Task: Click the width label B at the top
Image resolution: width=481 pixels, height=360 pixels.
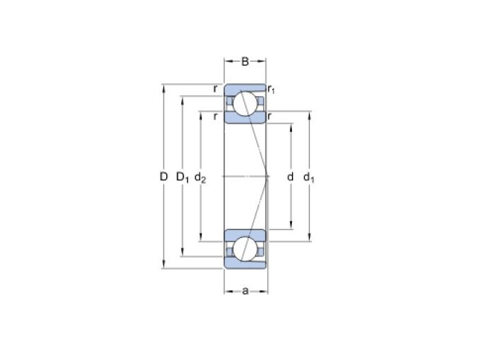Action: pyautogui.click(x=245, y=62)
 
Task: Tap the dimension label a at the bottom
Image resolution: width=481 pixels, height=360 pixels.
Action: pyautogui.click(x=245, y=290)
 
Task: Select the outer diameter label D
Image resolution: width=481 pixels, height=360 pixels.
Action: pyautogui.click(x=163, y=176)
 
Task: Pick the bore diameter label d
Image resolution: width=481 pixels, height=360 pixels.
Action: pyautogui.click(x=291, y=176)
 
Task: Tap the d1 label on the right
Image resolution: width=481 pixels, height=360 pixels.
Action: pyautogui.click(x=309, y=177)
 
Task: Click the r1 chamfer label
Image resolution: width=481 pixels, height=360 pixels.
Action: pyautogui.click(x=271, y=89)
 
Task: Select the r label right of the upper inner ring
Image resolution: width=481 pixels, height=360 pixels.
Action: pyautogui.click(x=271, y=116)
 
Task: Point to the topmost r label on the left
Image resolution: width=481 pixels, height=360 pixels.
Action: pyautogui.click(x=215, y=89)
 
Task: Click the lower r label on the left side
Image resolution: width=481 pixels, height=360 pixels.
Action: pyautogui.click(x=215, y=116)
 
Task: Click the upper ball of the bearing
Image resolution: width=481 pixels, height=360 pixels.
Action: pyautogui.click(x=246, y=103)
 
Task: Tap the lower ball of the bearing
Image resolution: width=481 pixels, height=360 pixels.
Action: pyautogui.click(x=246, y=249)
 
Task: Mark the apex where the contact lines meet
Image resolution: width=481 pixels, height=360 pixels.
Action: pyautogui.click(x=267, y=175)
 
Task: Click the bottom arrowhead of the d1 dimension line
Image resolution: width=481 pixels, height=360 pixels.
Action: pyautogui.click(x=310, y=239)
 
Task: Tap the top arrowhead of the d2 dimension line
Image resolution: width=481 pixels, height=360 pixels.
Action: pyautogui.click(x=201, y=114)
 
